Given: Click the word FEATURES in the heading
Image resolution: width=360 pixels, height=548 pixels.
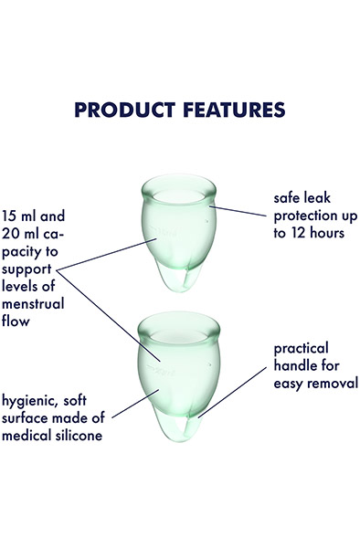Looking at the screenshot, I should point(228,110).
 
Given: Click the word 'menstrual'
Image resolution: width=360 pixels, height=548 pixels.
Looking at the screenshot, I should point(34,305).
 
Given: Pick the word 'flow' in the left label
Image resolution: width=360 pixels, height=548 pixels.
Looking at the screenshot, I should point(16,322).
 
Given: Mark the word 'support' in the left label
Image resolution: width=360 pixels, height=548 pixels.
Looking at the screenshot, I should point(28,270).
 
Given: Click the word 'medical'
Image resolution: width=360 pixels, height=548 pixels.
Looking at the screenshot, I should point(28,435).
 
